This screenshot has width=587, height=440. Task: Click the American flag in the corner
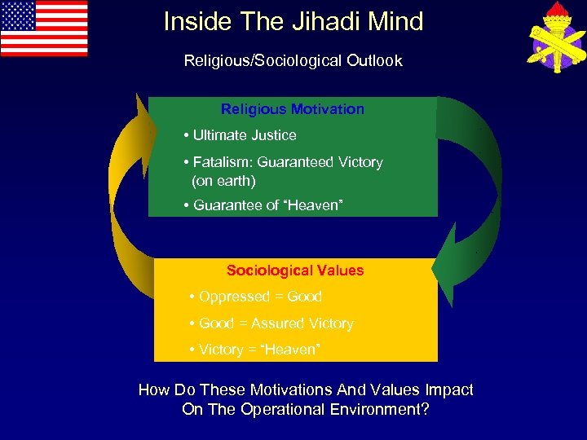[44, 28]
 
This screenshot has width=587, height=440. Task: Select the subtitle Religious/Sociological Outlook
[293, 61]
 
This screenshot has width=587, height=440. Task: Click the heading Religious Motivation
[293, 109]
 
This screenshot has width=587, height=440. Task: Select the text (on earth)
[223, 180]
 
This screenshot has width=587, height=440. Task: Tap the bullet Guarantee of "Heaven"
[267, 205]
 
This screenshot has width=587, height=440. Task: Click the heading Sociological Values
[295, 271]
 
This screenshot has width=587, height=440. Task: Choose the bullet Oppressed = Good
[260, 297]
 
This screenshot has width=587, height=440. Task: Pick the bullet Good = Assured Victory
[276, 323]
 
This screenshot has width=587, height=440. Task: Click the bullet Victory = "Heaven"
[259, 350]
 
